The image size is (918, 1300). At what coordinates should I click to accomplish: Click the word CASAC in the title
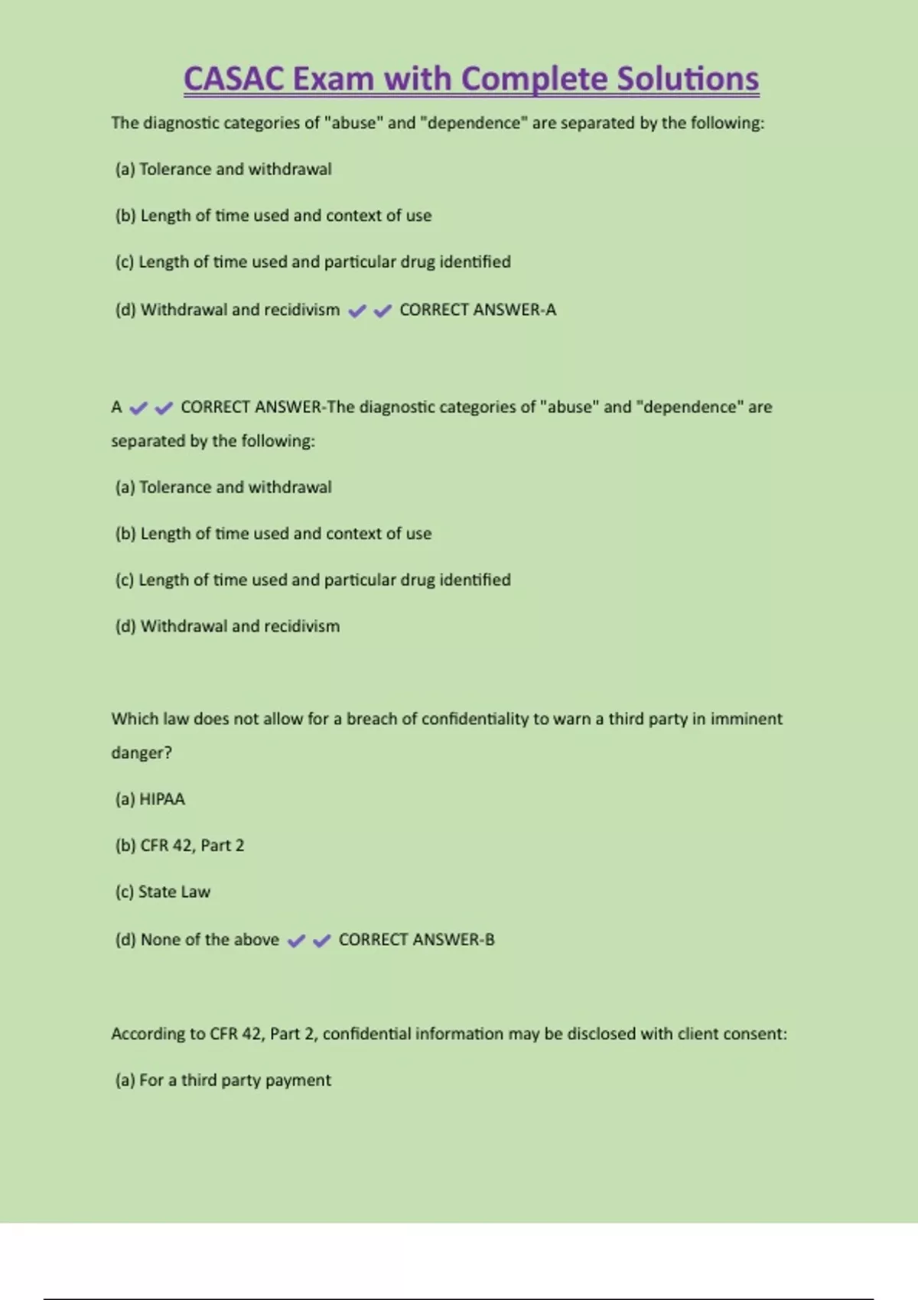point(233,79)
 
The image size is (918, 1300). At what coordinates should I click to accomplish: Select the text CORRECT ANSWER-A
point(477,310)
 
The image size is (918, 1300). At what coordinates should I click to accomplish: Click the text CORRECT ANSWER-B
point(416,940)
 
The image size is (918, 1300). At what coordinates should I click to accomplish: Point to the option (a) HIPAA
point(150,799)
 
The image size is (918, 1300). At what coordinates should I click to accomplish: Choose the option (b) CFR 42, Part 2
point(180,846)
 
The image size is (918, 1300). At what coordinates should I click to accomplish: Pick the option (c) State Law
point(162,892)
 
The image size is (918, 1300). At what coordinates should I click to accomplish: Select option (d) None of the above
point(197,940)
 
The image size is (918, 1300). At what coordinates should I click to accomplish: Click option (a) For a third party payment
point(223,1081)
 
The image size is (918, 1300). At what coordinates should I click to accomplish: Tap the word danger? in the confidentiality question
point(142,752)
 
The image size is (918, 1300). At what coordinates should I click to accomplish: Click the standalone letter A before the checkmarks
point(116,407)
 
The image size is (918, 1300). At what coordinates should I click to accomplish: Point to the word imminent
point(746,719)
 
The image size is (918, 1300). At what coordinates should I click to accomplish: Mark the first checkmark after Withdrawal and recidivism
point(356,310)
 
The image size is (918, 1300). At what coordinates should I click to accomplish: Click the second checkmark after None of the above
point(321,941)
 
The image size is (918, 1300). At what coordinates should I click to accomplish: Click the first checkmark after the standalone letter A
point(138,408)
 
